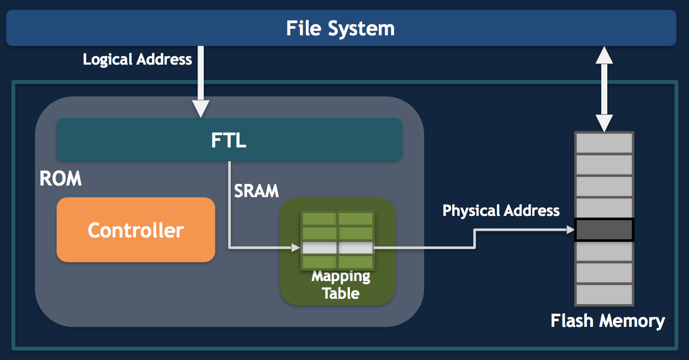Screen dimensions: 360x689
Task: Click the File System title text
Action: click(x=341, y=28)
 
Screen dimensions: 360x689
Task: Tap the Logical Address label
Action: click(x=137, y=59)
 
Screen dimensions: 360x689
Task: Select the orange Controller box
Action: click(x=136, y=230)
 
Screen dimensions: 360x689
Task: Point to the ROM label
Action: click(x=61, y=179)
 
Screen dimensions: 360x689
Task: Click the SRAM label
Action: click(x=256, y=190)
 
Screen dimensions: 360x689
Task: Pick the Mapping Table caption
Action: click(x=341, y=285)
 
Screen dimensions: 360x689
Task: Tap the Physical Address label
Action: click(x=501, y=210)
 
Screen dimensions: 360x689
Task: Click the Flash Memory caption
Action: click(x=608, y=320)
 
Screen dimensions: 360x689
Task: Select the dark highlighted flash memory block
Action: click(x=604, y=230)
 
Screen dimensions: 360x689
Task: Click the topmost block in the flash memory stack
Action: click(x=604, y=143)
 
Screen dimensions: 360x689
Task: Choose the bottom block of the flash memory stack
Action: click(x=604, y=294)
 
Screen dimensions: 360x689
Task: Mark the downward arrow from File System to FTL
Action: click(x=200, y=83)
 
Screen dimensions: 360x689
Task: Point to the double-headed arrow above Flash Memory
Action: click(x=605, y=88)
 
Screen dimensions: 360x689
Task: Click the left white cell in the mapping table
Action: click(x=319, y=248)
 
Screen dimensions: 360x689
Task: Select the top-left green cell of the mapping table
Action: click(x=319, y=219)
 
